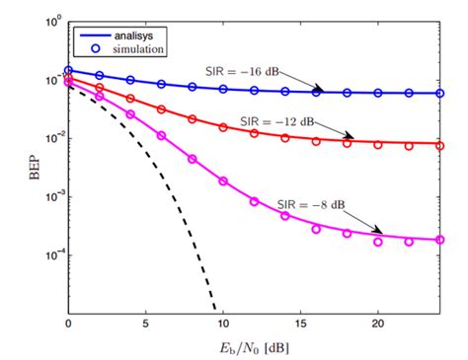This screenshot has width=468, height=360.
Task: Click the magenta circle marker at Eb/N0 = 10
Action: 223,181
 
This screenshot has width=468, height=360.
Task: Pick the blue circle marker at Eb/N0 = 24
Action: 439,93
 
